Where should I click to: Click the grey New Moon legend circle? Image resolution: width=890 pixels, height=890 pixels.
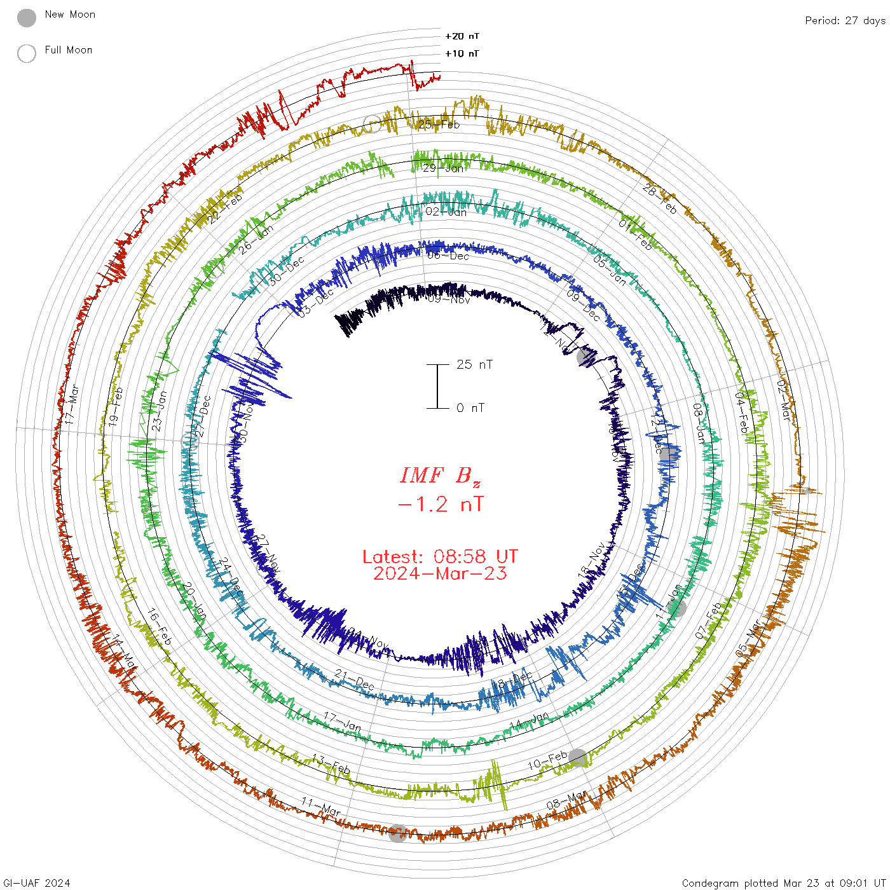pyautogui.click(x=27, y=18)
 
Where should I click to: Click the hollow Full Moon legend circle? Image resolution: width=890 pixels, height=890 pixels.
pyautogui.click(x=27, y=54)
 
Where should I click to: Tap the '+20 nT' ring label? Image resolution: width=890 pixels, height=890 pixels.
pyautogui.click(x=462, y=37)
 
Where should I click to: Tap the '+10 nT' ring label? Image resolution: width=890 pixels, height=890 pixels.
pyautogui.click(x=462, y=54)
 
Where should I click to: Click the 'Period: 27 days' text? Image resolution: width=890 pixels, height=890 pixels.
pyautogui.click(x=845, y=21)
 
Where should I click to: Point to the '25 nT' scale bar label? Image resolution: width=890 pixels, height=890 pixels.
pyautogui.click(x=474, y=365)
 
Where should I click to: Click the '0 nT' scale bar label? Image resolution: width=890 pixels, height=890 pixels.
pyautogui.click(x=470, y=408)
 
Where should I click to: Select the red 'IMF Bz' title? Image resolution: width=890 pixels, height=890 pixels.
pyautogui.click(x=440, y=476)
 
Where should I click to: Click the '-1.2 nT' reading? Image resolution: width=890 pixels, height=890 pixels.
pyautogui.click(x=440, y=505)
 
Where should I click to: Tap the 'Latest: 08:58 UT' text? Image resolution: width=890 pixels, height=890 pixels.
pyautogui.click(x=440, y=557)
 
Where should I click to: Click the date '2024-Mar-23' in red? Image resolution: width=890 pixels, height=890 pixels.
pyautogui.click(x=440, y=573)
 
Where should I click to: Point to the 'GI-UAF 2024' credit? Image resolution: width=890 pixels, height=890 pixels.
pyautogui.click(x=37, y=883)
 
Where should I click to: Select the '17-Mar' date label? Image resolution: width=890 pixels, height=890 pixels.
pyautogui.click(x=72, y=404)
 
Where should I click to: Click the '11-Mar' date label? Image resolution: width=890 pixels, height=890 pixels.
pyautogui.click(x=321, y=807)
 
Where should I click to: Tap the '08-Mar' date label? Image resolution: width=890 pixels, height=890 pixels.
pyautogui.click(x=566, y=800)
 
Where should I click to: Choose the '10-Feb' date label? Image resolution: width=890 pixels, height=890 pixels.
pyautogui.click(x=547, y=760)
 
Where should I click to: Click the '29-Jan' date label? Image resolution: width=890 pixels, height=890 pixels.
pyautogui.click(x=444, y=168)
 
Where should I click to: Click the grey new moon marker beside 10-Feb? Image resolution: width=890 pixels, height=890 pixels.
pyautogui.click(x=578, y=758)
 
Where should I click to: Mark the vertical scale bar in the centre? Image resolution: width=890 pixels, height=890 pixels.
pyautogui.click(x=437, y=387)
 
